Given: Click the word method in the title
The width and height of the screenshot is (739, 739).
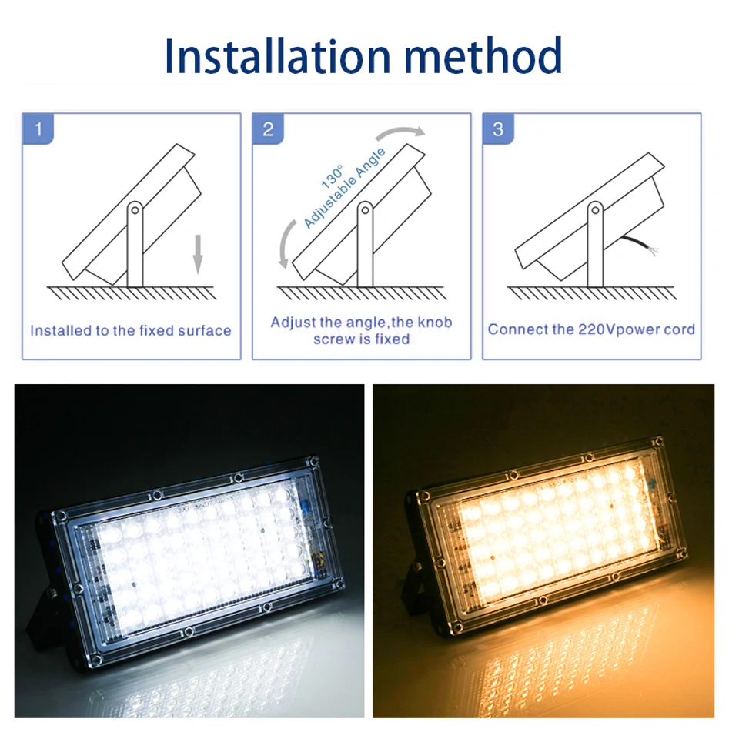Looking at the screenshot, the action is [x=483, y=55].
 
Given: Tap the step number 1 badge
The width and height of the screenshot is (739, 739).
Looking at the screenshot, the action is [x=38, y=129].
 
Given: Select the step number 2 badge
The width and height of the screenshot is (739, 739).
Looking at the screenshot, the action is [x=268, y=129].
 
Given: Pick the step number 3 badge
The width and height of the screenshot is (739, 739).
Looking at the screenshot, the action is [x=498, y=129].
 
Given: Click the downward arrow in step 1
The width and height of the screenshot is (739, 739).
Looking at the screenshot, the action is [x=198, y=255].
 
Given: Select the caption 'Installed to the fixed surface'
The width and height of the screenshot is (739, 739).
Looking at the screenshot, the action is [x=131, y=331].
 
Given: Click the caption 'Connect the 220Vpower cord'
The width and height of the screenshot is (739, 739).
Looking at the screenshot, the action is [x=591, y=329].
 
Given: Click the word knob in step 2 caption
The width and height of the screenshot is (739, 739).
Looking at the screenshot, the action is [x=434, y=323].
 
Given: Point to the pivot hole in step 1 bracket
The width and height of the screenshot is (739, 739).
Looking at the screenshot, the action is [x=135, y=209].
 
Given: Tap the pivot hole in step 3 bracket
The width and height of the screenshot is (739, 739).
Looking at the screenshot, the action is [x=596, y=209].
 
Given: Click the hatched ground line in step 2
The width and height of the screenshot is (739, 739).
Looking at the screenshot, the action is [x=362, y=293].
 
